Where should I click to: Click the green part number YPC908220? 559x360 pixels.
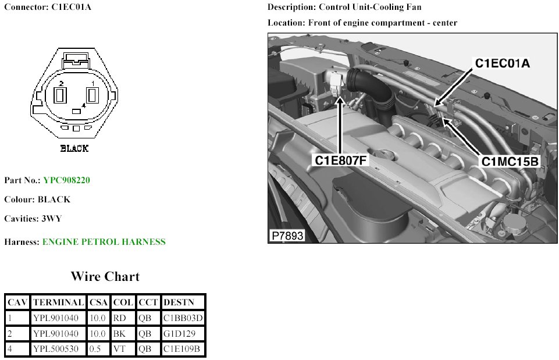click(x=67, y=180)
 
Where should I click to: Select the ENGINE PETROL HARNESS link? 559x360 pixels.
click(x=104, y=242)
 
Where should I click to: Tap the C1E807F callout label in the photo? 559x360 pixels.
click(x=340, y=161)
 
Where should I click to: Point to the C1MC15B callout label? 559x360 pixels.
click(x=510, y=162)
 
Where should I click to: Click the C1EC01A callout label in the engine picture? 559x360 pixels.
click(x=503, y=63)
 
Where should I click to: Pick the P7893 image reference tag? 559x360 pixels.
click(x=287, y=236)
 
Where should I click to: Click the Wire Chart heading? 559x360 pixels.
click(x=105, y=276)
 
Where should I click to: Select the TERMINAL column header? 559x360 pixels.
click(x=59, y=302)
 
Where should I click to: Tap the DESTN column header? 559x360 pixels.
click(x=179, y=302)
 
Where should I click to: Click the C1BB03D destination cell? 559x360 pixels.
click(x=183, y=318)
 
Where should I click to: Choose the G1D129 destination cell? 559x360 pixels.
click(x=179, y=334)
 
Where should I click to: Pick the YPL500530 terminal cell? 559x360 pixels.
click(x=56, y=348)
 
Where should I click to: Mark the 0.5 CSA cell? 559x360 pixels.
click(x=95, y=348)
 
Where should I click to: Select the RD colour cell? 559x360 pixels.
click(x=119, y=318)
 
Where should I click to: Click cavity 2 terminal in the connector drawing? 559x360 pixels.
click(x=60, y=95)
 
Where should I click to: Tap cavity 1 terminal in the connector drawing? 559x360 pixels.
click(x=92, y=95)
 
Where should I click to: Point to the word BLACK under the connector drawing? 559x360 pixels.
click(x=74, y=148)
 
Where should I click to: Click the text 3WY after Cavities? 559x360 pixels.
click(x=52, y=219)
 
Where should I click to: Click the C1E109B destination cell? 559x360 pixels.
click(x=181, y=348)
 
